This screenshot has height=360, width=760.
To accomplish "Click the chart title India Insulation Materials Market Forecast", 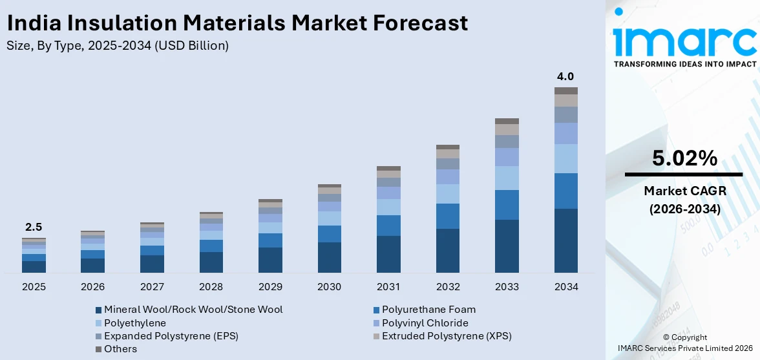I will tap(237, 23).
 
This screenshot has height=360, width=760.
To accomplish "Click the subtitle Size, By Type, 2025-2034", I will tap(117, 46).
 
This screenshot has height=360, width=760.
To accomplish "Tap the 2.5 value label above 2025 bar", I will tap(34, 228).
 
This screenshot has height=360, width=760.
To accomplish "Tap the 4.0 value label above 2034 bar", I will tap(565, 77).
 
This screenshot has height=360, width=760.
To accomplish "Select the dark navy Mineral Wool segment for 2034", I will tap(565, 240).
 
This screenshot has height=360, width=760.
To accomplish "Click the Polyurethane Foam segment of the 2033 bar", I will tap(507, 205).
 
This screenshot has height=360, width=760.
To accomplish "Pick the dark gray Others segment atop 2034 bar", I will tap(565, 91).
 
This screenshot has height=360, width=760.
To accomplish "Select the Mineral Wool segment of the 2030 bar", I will tap(329, 257).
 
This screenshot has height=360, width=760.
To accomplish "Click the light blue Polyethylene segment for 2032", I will tap(447, 194).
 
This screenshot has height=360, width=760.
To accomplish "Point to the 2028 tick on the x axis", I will tap(211, 286).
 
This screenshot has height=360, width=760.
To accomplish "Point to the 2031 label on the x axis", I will tap(388, 286).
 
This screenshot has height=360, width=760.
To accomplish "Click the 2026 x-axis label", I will tap(92, 286).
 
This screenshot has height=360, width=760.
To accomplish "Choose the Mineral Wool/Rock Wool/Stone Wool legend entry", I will tap(193, 310).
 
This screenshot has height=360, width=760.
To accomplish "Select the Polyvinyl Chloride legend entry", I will tap(425, 323).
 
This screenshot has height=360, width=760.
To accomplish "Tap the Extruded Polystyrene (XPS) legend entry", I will tap(446, 336).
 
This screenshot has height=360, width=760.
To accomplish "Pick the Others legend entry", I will tap(120, 349).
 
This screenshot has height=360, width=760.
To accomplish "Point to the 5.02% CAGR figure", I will tap(684, 158).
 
